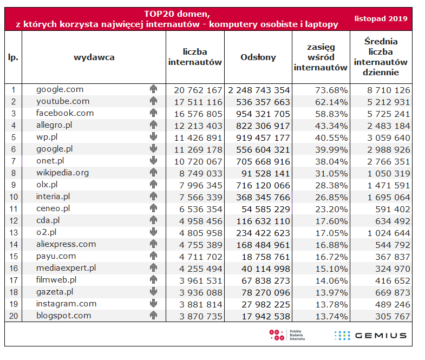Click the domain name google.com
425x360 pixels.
[60, 89]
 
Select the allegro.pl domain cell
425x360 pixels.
[54, 125]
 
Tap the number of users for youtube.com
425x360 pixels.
[195, 101]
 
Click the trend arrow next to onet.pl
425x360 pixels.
[153, 161]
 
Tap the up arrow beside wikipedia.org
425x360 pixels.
[153, 173]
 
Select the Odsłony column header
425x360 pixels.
[258, 57]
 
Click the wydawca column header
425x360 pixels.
[94, 57]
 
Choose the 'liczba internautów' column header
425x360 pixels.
[195, 57]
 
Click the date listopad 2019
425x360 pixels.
[381, 19]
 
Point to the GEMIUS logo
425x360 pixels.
[370, 335]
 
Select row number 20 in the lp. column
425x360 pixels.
[13, 316]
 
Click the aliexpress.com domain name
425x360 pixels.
[66, 244]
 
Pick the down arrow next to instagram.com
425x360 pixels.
[153, 304]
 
